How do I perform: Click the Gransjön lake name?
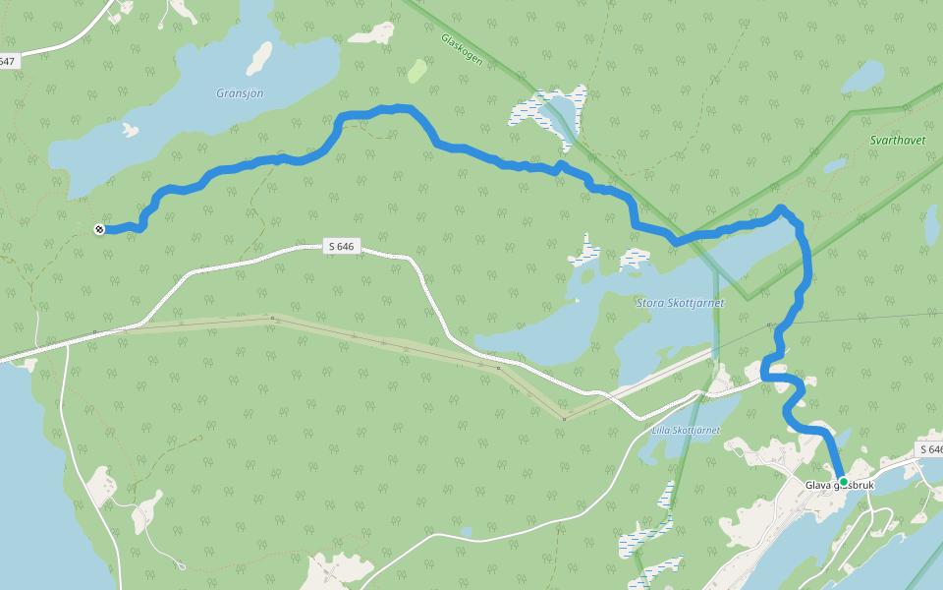click(240, 93)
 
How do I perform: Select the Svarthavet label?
click(898, 141)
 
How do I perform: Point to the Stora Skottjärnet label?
click(681, 303)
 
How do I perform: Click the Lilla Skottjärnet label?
click(686, 431)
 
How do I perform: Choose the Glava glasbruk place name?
click(839, 486)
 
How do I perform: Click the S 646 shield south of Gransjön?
click(339, 246)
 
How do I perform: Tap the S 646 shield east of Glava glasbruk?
click(929, 449)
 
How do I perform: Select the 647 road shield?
click(8, 61)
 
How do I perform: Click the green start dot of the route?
click(843, 482)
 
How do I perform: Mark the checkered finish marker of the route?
click(99, 230)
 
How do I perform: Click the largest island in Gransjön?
click(259, 57)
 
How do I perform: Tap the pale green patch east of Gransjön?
click(417, 71)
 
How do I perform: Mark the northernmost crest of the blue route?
click(395, 108)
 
